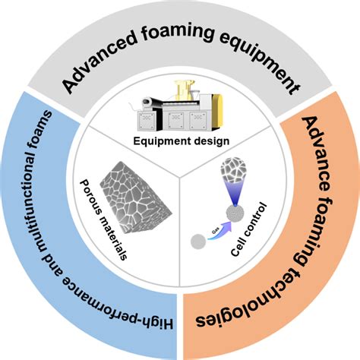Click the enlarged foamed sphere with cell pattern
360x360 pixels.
(232, 169)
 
